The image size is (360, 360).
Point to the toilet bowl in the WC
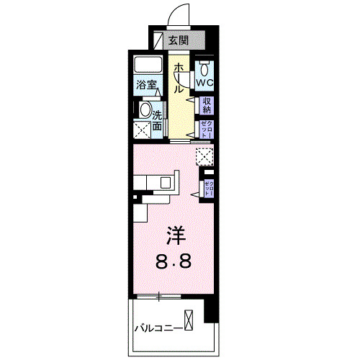(206, 70)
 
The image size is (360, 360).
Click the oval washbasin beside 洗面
(144, 112)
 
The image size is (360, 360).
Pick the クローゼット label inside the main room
(208, 188)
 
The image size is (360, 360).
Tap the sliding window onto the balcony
(158, 295)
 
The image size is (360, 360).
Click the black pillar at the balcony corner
(210, 309)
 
